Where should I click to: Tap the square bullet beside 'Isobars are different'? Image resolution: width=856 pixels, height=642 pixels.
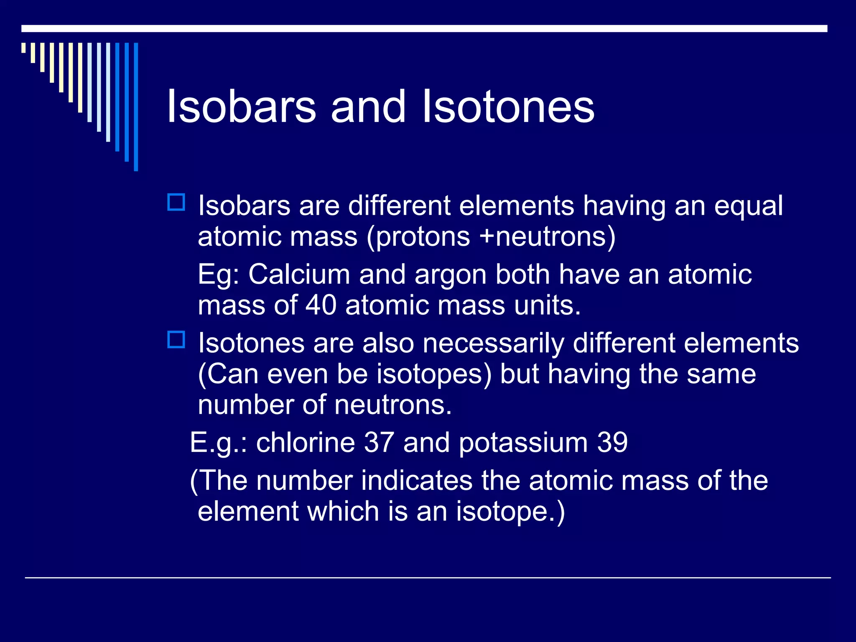176,202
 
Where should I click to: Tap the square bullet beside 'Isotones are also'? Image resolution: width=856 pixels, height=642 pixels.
176,339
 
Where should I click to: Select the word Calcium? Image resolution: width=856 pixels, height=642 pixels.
299,275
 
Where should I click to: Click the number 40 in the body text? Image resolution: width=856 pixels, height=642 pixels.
321,305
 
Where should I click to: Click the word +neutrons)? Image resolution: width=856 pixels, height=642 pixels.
548,237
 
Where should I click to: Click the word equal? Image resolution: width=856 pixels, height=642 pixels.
748,207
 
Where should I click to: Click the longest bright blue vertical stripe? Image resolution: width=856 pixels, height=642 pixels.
136,107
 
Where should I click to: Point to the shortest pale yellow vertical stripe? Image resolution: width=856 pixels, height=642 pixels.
23,48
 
